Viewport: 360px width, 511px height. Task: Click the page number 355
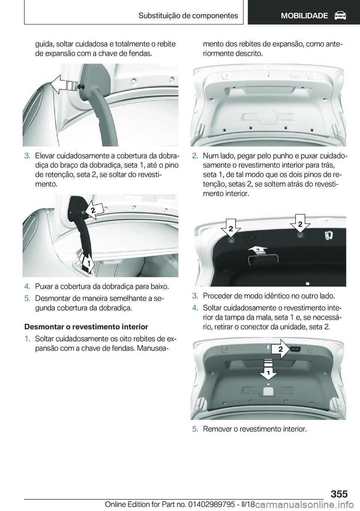[339, 494]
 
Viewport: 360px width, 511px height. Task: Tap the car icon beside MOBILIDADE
[340, 16]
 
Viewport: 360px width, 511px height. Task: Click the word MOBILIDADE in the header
[304, 16]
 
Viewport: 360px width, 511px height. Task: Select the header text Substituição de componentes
[188, 15]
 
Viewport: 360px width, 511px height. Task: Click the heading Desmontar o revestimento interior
[86, 327]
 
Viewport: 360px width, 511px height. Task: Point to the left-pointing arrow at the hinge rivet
[64, 85]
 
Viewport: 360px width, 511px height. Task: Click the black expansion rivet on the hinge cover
[81, 86]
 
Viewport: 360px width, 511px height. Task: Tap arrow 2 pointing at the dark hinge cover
[94, 210]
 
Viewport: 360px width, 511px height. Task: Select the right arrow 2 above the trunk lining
[300, 224]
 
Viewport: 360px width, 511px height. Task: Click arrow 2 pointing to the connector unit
[280, 349]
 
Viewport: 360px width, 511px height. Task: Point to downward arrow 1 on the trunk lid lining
[268, 369]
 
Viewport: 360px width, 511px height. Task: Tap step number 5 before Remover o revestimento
[195, 429]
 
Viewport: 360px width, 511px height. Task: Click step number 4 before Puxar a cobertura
[27, 287]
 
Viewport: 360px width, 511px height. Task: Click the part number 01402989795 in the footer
[216, 504]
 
